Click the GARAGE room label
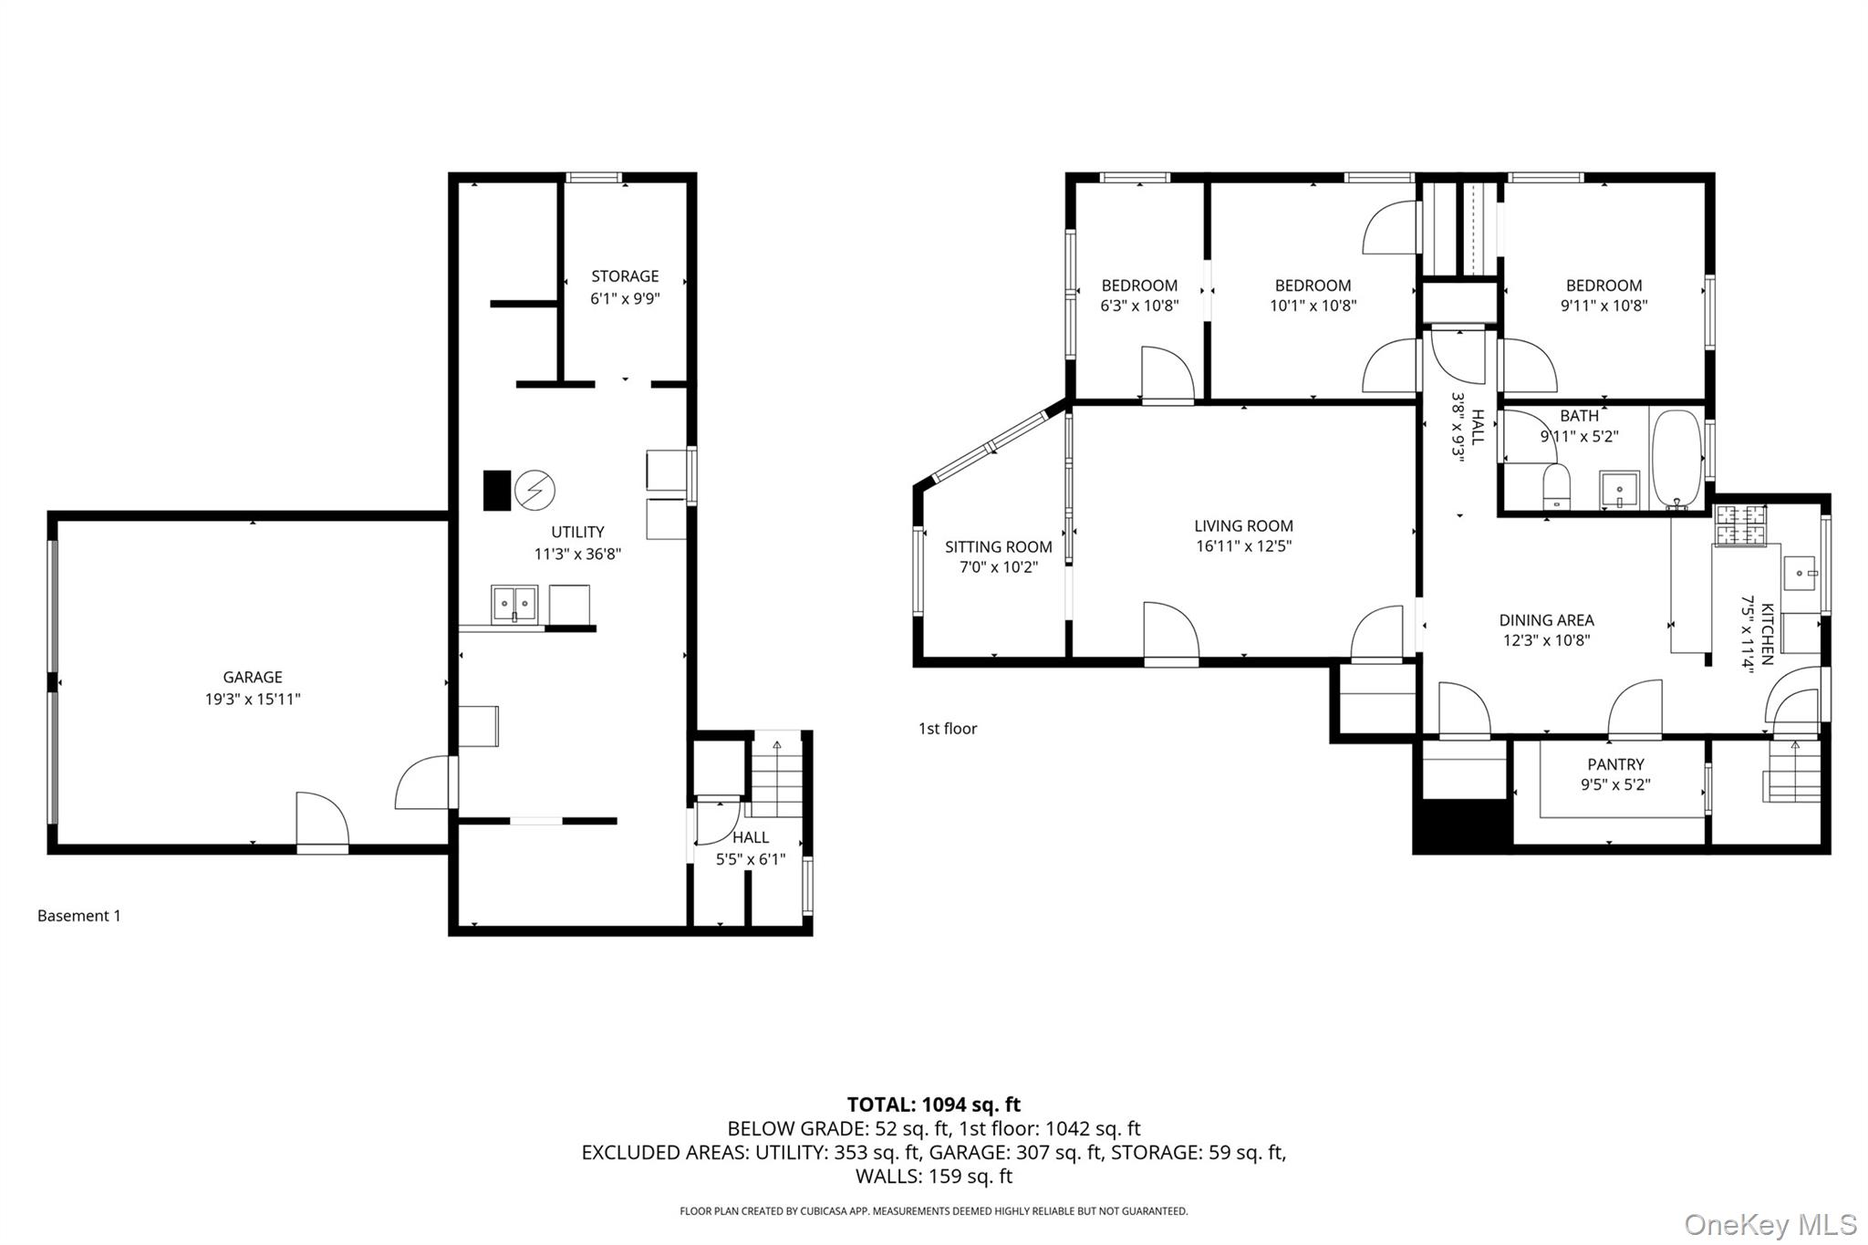(x=253, y=677)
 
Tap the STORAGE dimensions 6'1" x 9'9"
(x=625, y=298)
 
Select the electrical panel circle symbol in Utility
(x=534, y=491)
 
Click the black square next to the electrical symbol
(x=497, y=490)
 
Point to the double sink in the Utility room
(x=514, y=604)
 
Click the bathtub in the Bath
(x=1676, y=458)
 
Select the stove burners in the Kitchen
(x=1741, y=524)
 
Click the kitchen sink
(x=1800, y=573)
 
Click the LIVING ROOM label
(x=1243, y=525)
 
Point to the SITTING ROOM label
(x=998, y=546)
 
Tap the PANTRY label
(x=1615, y=764)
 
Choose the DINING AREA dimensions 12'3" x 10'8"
(x=1546, y=640)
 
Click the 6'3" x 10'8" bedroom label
(x=1139, y=306)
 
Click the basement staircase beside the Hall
(x=777, y=774)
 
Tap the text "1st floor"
(x=948, y=728)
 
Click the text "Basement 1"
(x=79, y=916)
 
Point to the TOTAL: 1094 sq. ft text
(x=933, y=1105)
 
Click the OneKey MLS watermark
(x=1769, y=1224)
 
